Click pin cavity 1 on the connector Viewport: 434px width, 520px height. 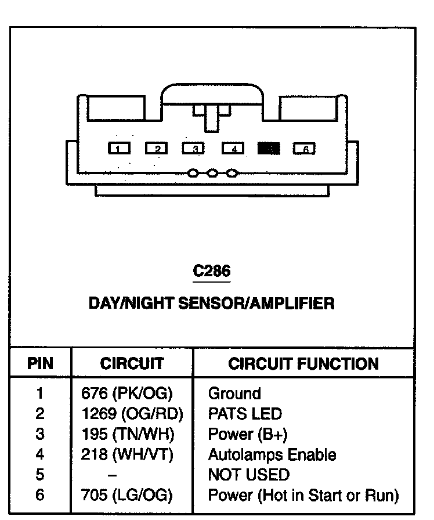(x=119, y=149)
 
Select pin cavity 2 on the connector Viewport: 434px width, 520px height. (x=157, y=149)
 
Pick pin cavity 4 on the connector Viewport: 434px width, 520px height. (x=233, y=149)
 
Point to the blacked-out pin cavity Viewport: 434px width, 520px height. (x=269, y=149)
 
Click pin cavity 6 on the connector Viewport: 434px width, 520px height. (x=305, y=149)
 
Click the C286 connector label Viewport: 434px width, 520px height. (x=212, y=271)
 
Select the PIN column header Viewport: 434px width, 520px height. (x=40, y=364)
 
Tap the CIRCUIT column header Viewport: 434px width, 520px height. (x=132, y=364)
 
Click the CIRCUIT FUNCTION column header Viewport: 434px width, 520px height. (x=303, y=364)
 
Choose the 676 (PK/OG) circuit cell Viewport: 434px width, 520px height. (x=127, y=393)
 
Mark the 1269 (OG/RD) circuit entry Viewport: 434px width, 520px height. (x=132, y=414)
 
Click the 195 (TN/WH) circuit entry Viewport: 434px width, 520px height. (x=128, y=434)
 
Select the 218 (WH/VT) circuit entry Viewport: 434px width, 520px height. (x=127, y=454)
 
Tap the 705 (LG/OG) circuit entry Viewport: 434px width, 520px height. (x=127, y=495)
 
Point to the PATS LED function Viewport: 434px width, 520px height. (x=244, y=414)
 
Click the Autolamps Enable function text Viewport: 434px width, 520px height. (x=272, y=454)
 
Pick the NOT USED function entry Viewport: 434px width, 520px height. (x=248, y=475)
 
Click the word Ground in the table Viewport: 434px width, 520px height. (x=234, y=393)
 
